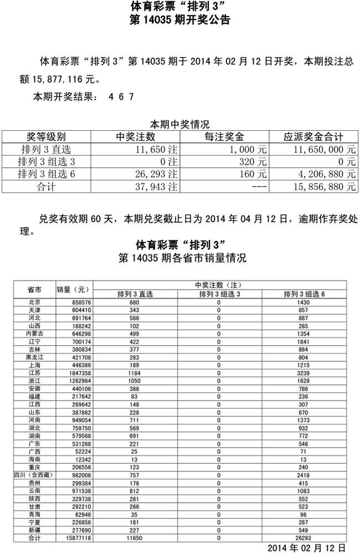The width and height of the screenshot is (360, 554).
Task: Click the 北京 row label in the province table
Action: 34,302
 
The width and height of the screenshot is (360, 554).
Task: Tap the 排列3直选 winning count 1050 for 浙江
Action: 134,383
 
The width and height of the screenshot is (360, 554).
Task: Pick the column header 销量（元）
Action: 73,290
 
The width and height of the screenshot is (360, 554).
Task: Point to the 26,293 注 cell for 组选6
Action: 156,174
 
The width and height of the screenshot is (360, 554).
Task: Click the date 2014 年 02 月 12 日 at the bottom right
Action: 308,547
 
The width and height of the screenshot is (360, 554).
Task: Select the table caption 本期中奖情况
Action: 179,124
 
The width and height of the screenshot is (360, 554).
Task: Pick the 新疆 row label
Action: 34,530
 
